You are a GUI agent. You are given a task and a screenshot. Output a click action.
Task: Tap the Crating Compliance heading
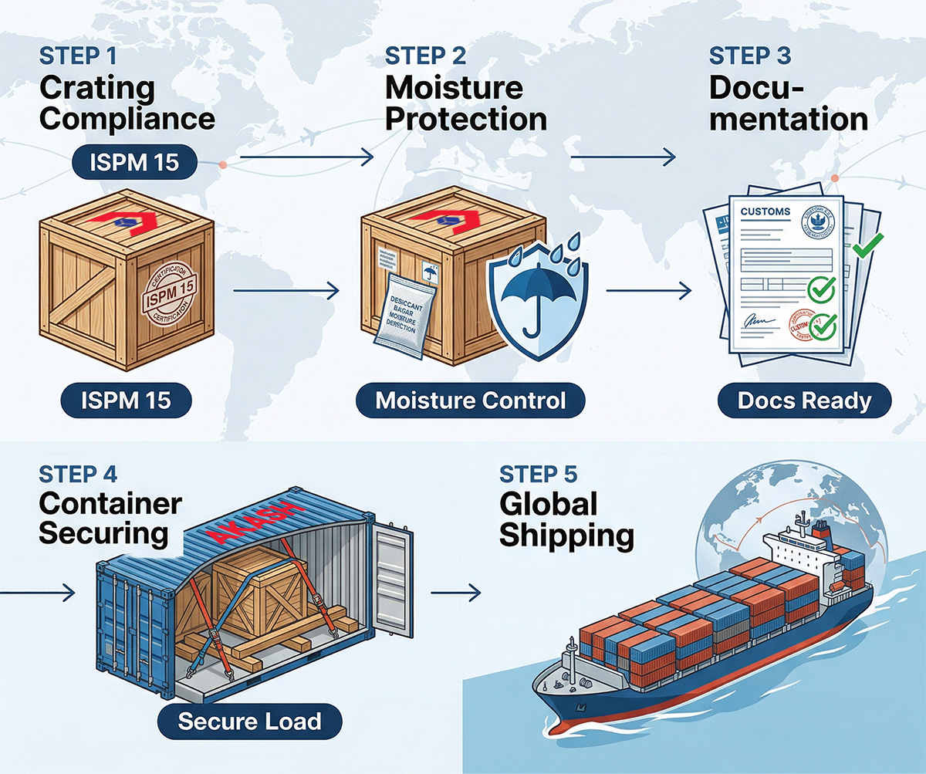click(127, 103)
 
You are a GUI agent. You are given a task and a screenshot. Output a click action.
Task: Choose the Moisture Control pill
click(471, 401)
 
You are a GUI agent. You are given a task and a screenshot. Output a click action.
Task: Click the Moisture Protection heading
click(466, 103)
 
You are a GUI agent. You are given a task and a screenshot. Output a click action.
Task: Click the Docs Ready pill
click(804, 401)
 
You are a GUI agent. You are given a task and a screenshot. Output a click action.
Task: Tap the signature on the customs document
click(755, 319)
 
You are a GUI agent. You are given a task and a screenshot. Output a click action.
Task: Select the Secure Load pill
click(248, 722)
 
